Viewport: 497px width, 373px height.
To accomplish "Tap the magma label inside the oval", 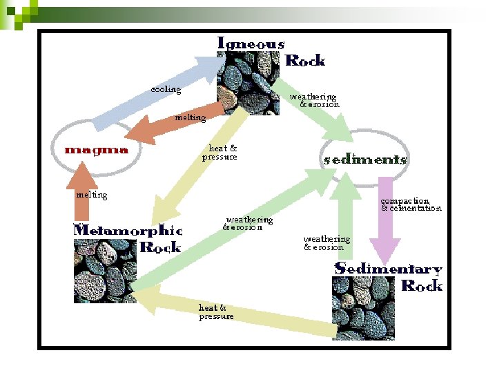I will coord(96,149).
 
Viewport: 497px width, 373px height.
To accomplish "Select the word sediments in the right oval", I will coord(365,159).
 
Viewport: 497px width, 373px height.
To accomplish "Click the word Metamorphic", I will coord(128,230).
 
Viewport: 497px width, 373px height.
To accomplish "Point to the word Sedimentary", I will coord(388,269).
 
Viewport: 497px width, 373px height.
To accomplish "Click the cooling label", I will coord(166,89).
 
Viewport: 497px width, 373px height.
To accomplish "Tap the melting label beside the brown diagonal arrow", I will coord(191,117).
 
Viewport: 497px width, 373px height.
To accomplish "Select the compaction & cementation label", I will coord(410,204).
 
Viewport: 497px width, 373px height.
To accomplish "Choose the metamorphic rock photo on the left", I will coord(104,269).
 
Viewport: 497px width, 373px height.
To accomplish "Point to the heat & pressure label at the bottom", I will coord(216,312).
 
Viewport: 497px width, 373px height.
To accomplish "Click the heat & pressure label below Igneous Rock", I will coord(220,152).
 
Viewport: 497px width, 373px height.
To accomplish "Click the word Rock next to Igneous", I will coord(304,60).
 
